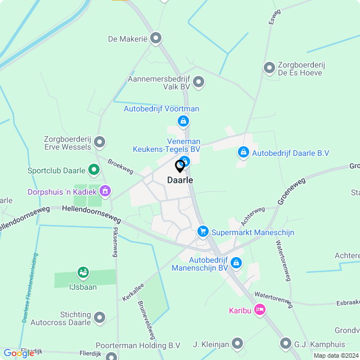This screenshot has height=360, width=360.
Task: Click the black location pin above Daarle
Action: tap(180, 166)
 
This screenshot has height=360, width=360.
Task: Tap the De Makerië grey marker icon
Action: tap(156, 38)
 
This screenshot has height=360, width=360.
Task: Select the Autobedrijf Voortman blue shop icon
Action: tap(182, 121)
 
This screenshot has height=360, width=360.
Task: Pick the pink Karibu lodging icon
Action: tap(259, 309)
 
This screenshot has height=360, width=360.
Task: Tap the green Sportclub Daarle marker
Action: tap(94, 169)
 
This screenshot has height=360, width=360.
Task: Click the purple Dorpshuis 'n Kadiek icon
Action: tap(105, 191)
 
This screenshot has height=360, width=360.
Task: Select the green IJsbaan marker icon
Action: tap(83, 273)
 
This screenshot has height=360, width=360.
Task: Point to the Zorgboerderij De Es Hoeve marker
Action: tap(269, 67)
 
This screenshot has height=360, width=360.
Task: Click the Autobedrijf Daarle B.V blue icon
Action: tap(243, 152)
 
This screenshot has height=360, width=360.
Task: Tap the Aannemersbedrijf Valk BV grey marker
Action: tap(198, 83)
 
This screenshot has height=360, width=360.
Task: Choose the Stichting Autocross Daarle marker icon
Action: tap(100, 318)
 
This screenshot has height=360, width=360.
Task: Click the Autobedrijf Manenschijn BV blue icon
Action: tap(236, 262)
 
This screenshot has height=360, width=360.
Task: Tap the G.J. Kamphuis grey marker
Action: tap(285, 343)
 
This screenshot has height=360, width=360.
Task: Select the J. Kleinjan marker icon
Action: tap(238, 343)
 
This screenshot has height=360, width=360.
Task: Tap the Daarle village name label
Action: tap(180, 180)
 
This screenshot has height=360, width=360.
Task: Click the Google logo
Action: tap(19, 353)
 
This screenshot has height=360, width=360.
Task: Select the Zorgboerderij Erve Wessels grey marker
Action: tap(100, 142)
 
